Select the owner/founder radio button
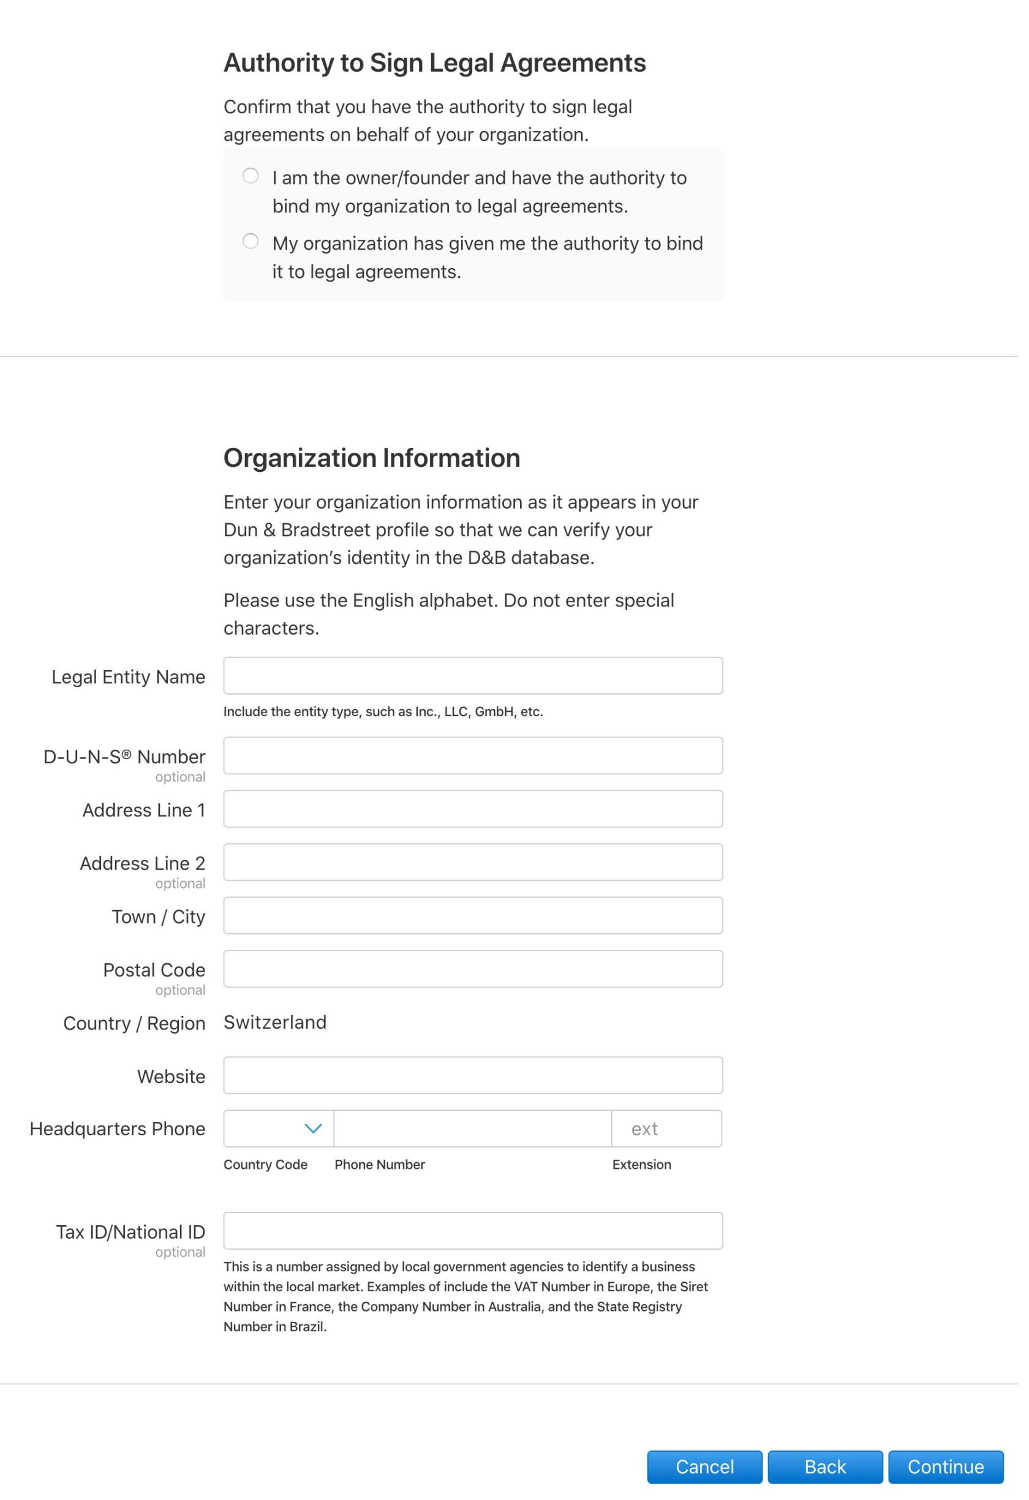(x=253, y=177)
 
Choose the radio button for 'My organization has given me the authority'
(x=253, y=244)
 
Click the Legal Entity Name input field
(x=478, y=682)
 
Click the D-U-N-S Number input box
(x=478, y=763)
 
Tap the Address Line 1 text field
(x=478, y=816)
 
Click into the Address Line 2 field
(x=478, y=871)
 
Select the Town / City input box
(x=478, y=924)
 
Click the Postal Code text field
(x=478, y=979)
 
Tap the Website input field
(x=478, y=1086)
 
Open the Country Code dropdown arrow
(x=316, y=1140)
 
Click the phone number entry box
(x=477, y=1140)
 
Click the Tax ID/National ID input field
(x=478, y=1243)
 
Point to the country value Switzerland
(x=277, y=1032)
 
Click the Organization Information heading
(x=375, y=463)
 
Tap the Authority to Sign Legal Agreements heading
(x=439, y=63)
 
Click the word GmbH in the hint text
(x=498, y=719)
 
